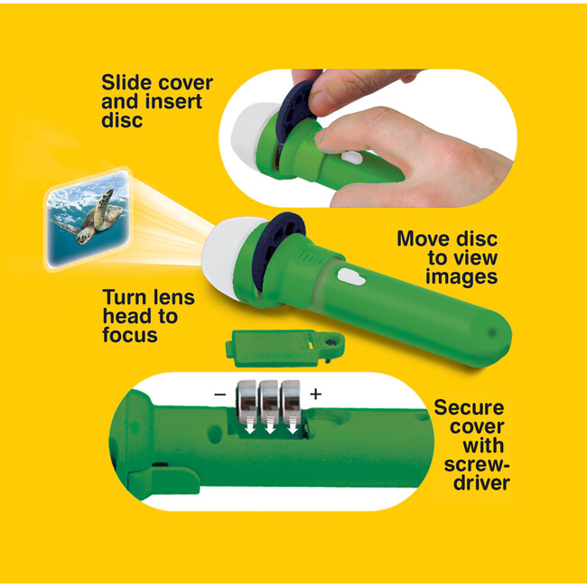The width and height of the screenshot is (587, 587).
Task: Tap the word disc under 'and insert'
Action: point(122,120)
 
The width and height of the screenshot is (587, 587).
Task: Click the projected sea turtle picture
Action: point(89,219)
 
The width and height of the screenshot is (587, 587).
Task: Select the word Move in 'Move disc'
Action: point(422,238)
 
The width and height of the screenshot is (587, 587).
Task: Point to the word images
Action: point(461,277)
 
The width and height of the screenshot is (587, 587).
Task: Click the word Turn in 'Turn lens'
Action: point(125,297)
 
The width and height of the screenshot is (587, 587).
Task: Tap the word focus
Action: point(130,335)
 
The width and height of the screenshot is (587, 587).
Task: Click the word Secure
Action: point(469,407)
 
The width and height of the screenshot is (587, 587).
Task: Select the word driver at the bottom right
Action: point(481,482)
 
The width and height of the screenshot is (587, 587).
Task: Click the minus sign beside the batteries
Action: point(220,395)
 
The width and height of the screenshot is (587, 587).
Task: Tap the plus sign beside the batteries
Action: point(315,394)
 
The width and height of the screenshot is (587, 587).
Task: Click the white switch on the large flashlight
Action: point(350,277)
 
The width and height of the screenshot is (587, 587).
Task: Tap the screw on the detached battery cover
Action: point(331,341)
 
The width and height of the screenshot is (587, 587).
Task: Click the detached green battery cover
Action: point(284,349)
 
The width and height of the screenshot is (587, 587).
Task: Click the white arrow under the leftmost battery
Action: point(249,426)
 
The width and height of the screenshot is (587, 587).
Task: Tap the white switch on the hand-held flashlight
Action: point(352,158)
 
